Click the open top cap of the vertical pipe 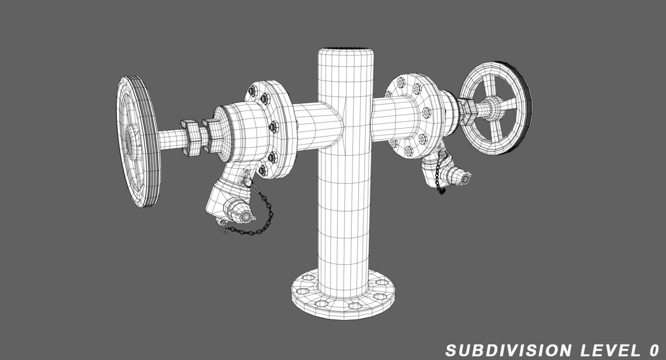(x=346, y=49)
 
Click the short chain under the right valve (x=439, y=179)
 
